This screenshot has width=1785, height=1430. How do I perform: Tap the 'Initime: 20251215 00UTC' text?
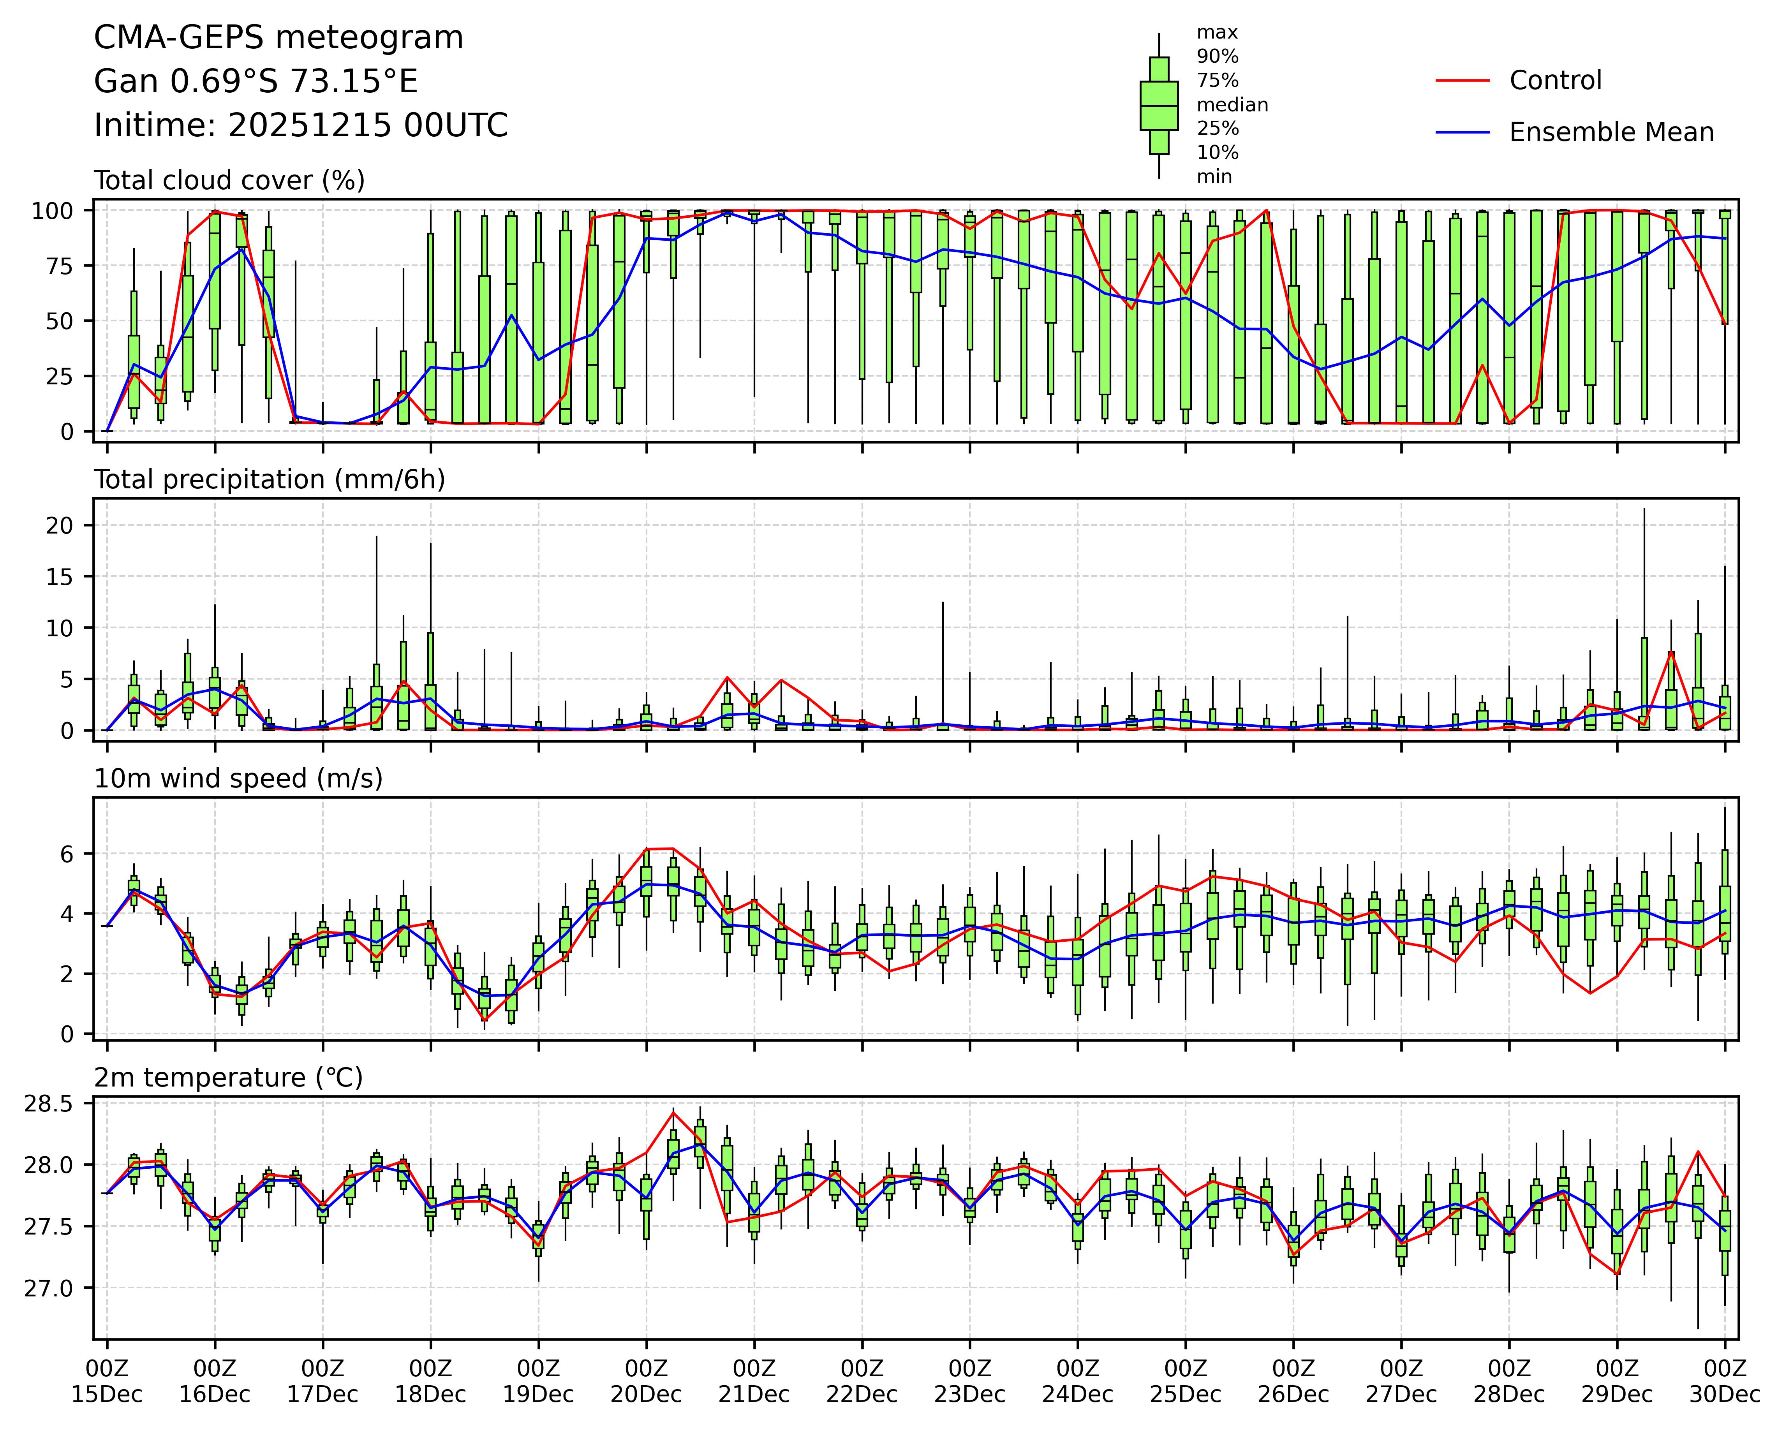coord(301,126)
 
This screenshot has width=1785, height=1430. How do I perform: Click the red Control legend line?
coord(1462,80)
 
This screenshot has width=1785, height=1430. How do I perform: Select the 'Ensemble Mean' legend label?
coord(1611,132)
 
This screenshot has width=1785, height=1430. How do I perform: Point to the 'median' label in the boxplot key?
coord(1232,105)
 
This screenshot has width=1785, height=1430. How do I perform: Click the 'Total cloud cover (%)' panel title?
coord(229,181)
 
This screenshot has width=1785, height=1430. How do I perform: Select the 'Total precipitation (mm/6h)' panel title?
coord(269,479)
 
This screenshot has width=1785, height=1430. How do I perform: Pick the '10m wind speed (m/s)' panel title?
coord(238,778)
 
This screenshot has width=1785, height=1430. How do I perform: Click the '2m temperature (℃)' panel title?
coord(229,1077)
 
